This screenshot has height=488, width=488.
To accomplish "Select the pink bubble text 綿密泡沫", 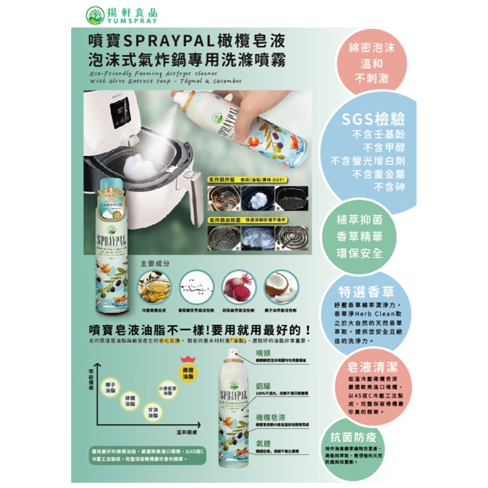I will (x=372, y=49).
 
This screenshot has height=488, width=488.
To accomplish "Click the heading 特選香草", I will (x=366, y=291).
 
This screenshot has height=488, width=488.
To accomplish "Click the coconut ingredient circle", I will (x=281, y=287).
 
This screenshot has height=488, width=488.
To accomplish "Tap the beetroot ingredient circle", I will (x=239, y=287).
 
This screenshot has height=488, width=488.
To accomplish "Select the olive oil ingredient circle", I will (x=154, y=287).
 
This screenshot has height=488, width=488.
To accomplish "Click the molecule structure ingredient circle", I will (x=196, y=287).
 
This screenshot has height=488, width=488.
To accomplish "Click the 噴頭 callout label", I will (x=264, y=352).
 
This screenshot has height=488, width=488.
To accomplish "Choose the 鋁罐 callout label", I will (x=264, y=386).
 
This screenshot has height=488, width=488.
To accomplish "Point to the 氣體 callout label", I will (x=264, y=443).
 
